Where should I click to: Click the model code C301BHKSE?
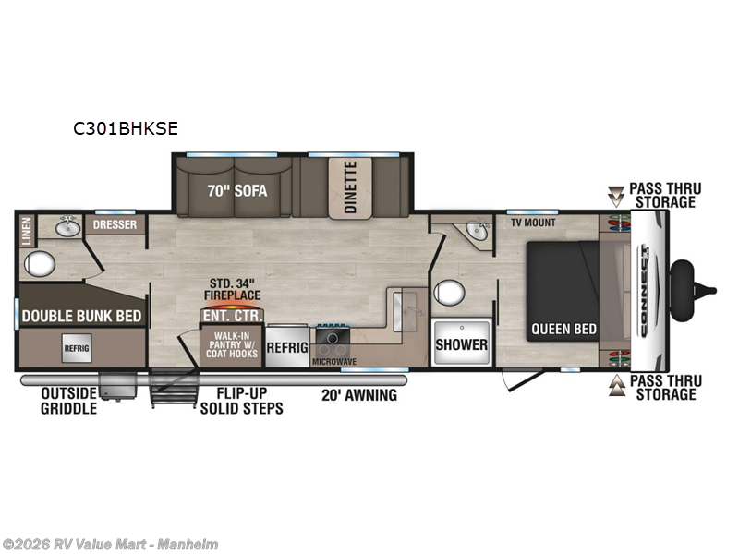[x=126, y=130]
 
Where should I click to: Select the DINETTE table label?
[x=350, y=187]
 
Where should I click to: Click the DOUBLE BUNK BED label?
[x=81, y=316]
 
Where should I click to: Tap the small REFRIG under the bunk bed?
[x=77, y=349]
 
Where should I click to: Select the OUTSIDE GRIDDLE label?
[x=69, y=402]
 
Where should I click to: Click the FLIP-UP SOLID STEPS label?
[x=242, y=402]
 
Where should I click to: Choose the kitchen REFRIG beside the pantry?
[x=287, y=348]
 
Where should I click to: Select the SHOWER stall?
[x=462, y=344]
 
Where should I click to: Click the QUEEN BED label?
[x=563, y=329]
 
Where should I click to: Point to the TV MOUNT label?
[x=531, y=223]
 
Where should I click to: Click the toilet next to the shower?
[x=449, y=295]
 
